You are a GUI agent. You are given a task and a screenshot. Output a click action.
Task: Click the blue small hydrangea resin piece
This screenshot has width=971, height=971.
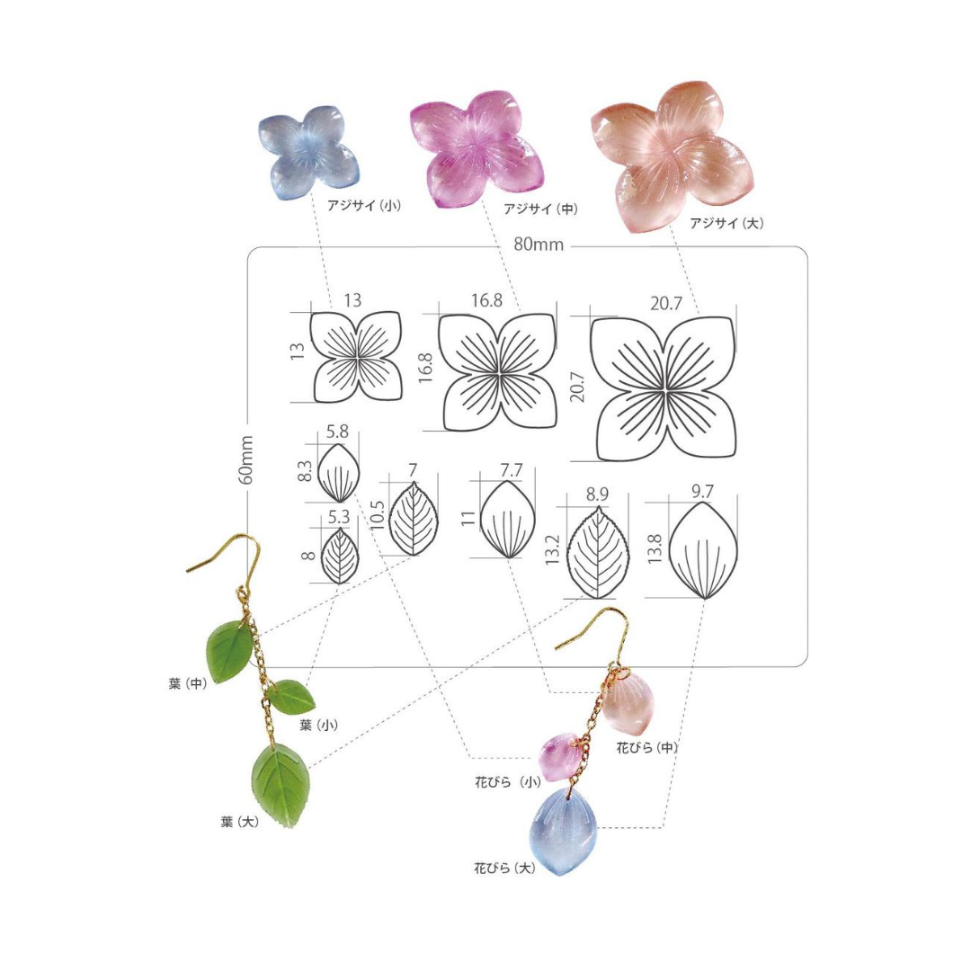(308, 152)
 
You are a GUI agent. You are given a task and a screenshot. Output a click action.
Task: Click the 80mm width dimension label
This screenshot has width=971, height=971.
(539, 245)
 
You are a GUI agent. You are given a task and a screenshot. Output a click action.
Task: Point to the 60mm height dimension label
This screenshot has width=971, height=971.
(245, 459)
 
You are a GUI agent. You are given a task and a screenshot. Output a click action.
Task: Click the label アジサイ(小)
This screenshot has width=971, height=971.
(364, 205)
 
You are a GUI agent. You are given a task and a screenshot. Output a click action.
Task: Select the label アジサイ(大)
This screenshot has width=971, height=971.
(726, 223)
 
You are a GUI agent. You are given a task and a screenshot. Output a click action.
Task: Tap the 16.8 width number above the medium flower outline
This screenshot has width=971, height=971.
(486, 300)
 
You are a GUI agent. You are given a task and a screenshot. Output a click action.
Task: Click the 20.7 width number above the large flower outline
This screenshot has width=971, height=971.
(665, 304)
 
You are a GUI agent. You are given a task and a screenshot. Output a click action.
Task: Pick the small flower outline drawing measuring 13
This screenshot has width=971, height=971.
(357, 357)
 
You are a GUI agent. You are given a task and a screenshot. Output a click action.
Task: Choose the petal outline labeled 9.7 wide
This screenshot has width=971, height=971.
(704, 550)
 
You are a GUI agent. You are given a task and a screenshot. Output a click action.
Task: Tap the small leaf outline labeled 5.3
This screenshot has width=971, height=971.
(339, 556)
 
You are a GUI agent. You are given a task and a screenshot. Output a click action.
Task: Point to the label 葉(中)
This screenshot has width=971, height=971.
(188, 684)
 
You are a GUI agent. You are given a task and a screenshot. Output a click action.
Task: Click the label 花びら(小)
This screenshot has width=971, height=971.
(508, 782)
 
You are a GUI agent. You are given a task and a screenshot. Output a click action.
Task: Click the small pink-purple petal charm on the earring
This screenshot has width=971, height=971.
(558, 757)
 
